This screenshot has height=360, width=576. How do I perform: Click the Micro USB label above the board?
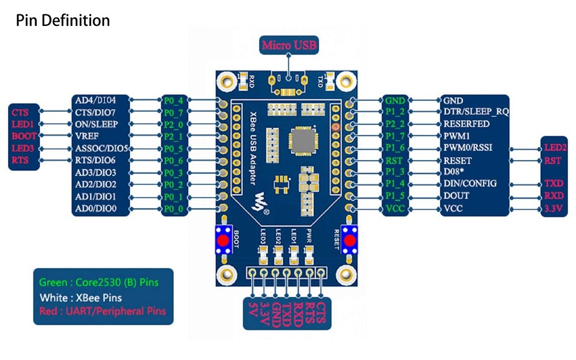coord(289,45)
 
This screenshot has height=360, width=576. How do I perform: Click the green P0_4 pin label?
coord(173,100)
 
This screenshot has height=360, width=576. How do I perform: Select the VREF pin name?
coord(88,137)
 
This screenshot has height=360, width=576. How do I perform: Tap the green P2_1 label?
coord(173,137)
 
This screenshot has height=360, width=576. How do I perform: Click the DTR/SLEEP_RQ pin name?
coord(475,112)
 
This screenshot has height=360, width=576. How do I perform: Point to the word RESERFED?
coord(466,124)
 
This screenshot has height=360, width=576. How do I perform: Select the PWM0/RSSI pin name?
coord(467,148)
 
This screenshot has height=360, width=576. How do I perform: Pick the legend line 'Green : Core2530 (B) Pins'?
coord(98,282)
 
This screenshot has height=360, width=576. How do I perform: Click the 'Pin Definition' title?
coord(63,21)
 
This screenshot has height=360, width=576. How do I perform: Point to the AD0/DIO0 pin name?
coord(96,209)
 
